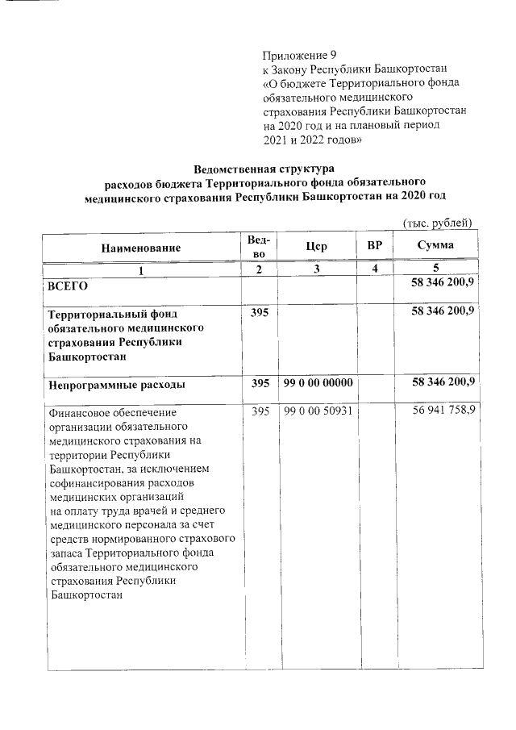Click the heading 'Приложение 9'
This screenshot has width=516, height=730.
tap(299, 56)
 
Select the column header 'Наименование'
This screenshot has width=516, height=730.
tap(141, 248)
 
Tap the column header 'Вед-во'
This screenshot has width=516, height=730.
tap(259, 247)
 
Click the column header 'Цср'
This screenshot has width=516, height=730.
tap(317, 247)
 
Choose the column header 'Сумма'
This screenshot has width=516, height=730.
tap(435, 245)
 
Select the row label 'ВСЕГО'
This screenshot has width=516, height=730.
tap(69, 286)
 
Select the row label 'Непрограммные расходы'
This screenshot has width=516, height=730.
tap(117, 385)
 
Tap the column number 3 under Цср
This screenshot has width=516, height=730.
tap(317, 269)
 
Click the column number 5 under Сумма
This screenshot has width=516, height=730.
tap(435, 269)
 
